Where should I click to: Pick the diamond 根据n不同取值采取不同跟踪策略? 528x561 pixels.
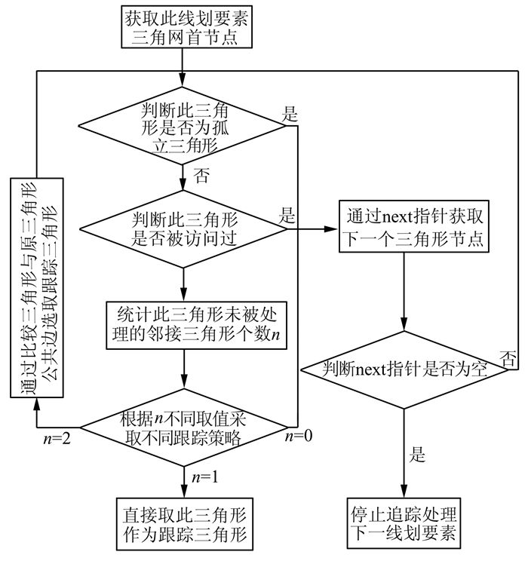183,429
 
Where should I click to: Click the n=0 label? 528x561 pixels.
300,436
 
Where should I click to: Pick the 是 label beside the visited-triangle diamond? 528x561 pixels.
289,216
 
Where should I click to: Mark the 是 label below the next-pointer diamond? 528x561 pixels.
417,455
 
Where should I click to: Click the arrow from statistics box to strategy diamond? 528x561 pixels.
183,370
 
